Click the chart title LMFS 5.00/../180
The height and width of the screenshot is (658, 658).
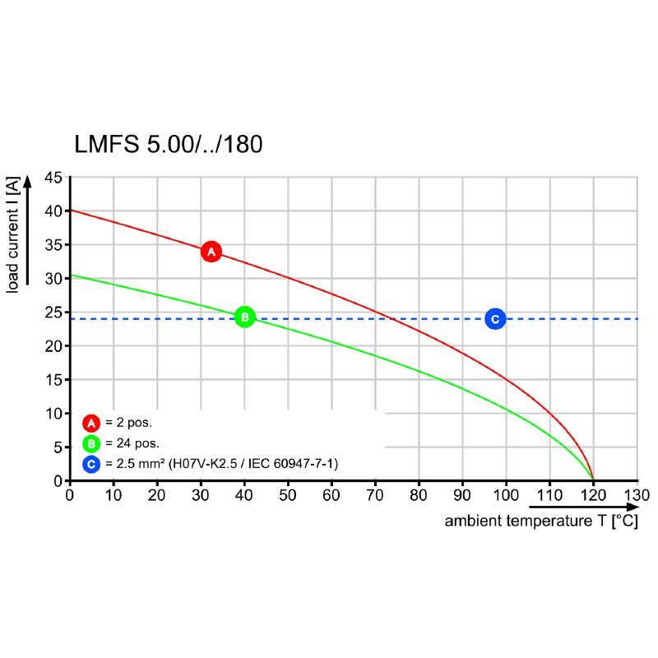pyautogui.click(x=169, y=146)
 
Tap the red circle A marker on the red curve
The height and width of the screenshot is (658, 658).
pyautogui.click(x=211, y=251)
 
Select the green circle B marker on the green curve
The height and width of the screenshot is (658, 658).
pyautogui.click(x=244, y=316)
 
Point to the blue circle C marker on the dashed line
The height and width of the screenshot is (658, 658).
pyautogui.click(x=494, y=318)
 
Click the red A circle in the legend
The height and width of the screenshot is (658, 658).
pyautogui.click(x=91, y=424)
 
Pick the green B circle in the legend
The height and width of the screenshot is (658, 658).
pyautogui.click(x=91, y=444)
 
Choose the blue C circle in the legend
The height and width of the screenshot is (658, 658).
pyautogui.click(x=91, y=465)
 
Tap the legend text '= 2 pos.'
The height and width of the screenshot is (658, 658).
pyautogui.click(x=128, y=424)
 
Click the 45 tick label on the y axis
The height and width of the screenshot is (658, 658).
pyautogui.click(x=53, y=178)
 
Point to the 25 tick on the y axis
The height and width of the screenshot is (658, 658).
pyautogui.click(x=53, y=313)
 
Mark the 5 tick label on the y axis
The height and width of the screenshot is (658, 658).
pyautogui.click(x=58, y=447)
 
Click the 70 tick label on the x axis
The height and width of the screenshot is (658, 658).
pyautogui.click(x=375, y=495)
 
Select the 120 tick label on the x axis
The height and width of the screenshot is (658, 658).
pyautogui.click(x=593, y=495)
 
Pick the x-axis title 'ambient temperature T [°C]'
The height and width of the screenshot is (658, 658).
pyautogui.click(x=541, y=521)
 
